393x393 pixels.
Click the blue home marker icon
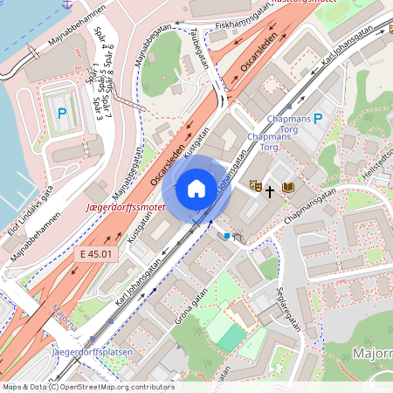(x=196, y=188)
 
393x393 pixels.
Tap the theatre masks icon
(x=255, y=186)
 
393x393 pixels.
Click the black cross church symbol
(x=271, y=189)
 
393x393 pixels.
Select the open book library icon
(x=288, y=188)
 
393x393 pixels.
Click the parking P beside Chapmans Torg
(x=318, y=118)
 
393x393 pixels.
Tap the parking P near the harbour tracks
(x=62, y=113)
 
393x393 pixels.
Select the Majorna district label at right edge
(x=373, y=354)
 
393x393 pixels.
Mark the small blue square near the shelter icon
(x=227, y=235)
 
